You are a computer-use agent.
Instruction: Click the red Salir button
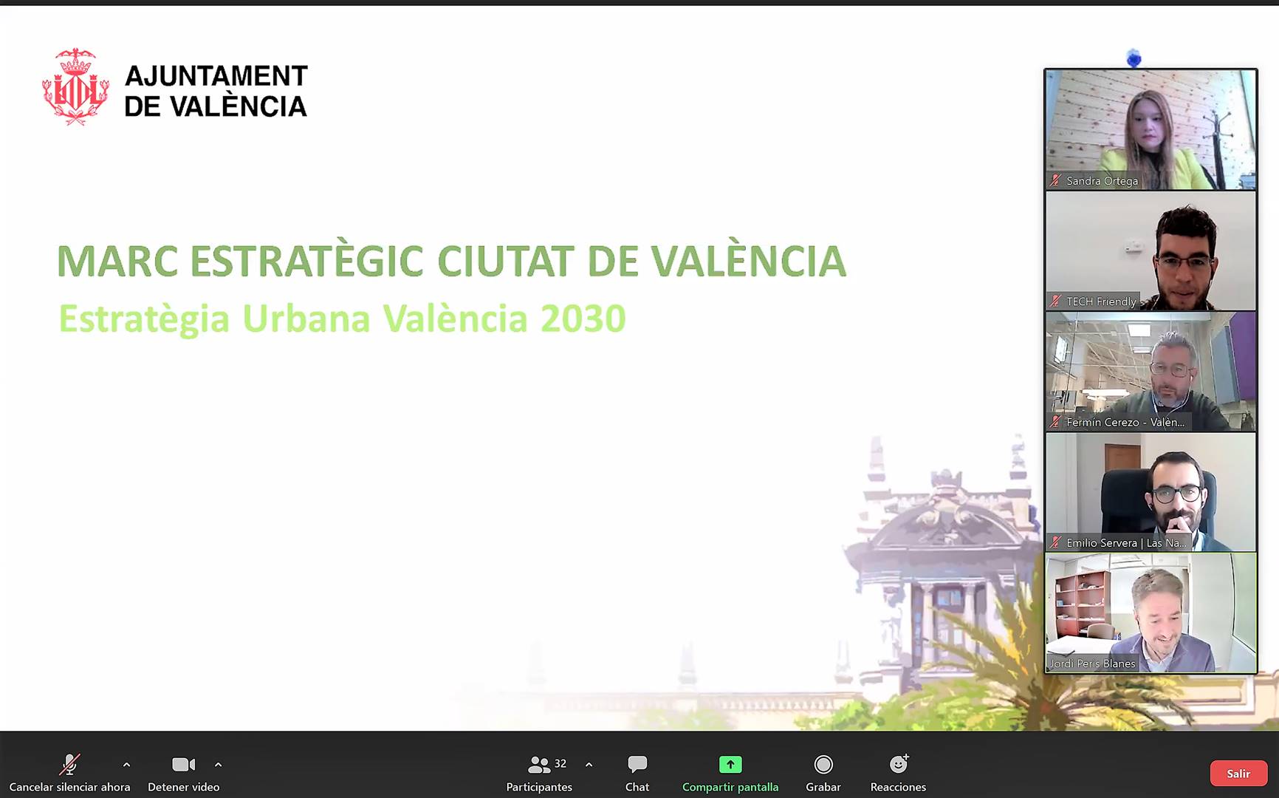pos(1238,774)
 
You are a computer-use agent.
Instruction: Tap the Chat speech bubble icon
pos(637,764)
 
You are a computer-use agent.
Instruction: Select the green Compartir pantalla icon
pos(730,764)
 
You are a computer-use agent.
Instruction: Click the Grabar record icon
pos(823,764)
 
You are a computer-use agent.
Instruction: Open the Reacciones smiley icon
pos(899,763)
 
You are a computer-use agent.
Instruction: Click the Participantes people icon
pos(539,765)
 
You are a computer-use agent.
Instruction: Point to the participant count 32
pos(560,763)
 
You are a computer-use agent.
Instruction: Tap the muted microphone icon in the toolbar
pos(70,764)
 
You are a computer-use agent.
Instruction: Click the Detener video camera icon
pos(183,764)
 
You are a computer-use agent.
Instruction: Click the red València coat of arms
pos(75,86)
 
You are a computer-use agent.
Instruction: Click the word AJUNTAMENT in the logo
pos(216,75)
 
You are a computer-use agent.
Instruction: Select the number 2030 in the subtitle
pos(583,319)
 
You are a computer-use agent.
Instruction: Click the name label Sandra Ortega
pos(1102,181)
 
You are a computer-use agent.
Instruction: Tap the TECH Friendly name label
pos(1101,301)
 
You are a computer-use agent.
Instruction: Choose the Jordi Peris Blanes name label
pos(1092,664)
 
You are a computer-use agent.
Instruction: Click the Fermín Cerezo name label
pos(1125,422)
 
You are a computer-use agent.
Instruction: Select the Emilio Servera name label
pos(1126,543)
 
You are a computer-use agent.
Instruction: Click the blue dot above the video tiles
pos(1134,58)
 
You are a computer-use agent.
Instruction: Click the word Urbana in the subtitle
pos(306,319)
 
